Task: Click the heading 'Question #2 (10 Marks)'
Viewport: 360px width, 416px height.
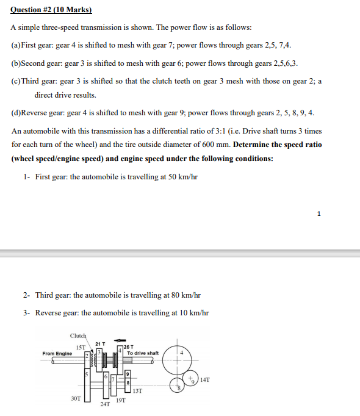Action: coord(51,10)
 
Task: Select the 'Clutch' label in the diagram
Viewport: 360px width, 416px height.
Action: coord(78,335)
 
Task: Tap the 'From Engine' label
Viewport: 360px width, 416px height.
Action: coord(57,354)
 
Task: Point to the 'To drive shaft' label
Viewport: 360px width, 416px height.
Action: coord(143,353)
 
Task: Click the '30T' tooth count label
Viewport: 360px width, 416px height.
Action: coord(75,398)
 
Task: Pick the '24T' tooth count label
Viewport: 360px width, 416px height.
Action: coord(106,404)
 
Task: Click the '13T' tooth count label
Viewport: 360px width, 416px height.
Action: coord(137,391)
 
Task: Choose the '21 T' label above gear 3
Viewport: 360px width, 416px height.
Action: coord(101,344)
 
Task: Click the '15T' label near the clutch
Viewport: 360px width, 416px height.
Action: coord(81,348)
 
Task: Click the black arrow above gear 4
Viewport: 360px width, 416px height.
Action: coord(120,341)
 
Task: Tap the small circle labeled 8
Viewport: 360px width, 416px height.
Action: coord(178,386)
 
